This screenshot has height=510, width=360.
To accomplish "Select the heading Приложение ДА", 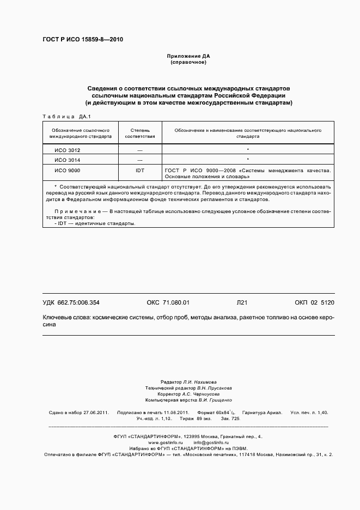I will (x=188, y=56).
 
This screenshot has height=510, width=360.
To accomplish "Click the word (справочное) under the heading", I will (x=188, y=62).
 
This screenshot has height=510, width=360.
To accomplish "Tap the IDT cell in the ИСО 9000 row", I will (x=140, y=171).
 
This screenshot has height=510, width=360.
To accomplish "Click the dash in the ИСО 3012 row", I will (x=140, y=150).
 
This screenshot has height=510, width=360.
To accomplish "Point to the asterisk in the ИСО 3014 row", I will (x=248, y=160).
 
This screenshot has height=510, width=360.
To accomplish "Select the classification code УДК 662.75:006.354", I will (x=71, y=302).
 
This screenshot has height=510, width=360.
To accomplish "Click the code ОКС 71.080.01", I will (x=168, y=302).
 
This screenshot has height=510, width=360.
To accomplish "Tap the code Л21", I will (x=242, y=302).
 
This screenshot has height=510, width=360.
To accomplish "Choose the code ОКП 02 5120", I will (x=314, y=302).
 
